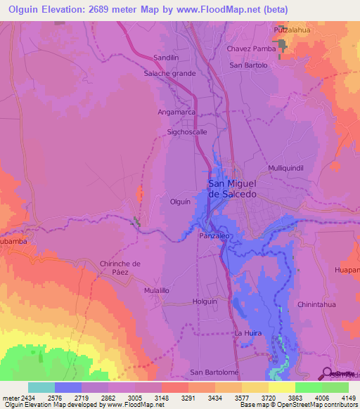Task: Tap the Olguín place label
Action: pyautogui.click(x=181, y=202)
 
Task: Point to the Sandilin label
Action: pyautogui.click(x=168, y=58)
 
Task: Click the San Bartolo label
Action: pyautogui.click(x=249, y=65)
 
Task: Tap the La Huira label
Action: pyautogui.click(x=247, y=332)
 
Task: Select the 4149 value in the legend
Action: pyautogui.click(x=348, y=398)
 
